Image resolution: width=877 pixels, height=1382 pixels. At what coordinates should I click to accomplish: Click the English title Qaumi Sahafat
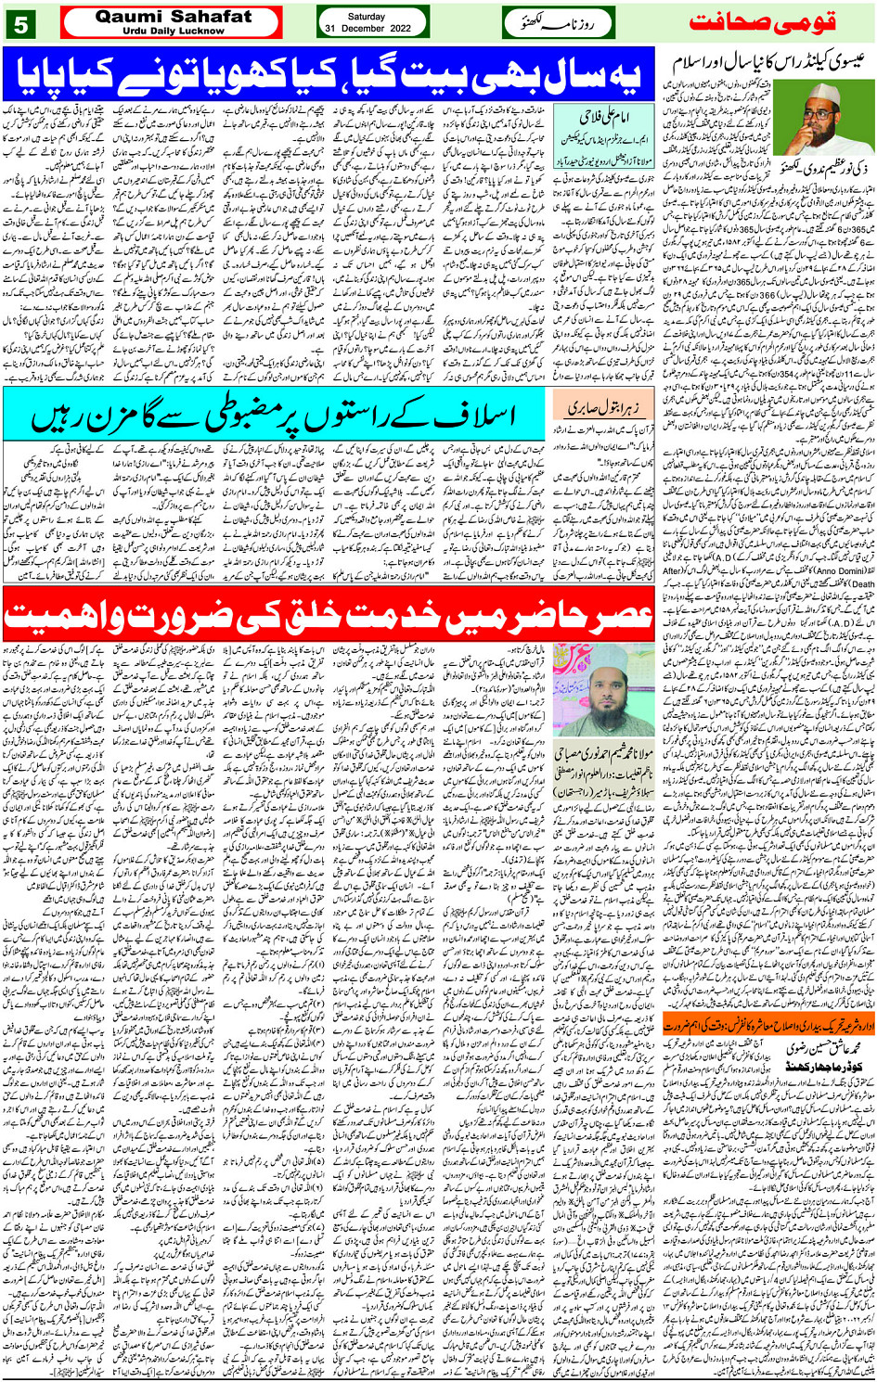(x=173, y=16)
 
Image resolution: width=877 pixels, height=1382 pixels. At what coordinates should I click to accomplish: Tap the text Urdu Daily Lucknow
(x=173, y=30)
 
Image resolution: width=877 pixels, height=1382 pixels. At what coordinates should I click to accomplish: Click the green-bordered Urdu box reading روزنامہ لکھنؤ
(x=559, y=22)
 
